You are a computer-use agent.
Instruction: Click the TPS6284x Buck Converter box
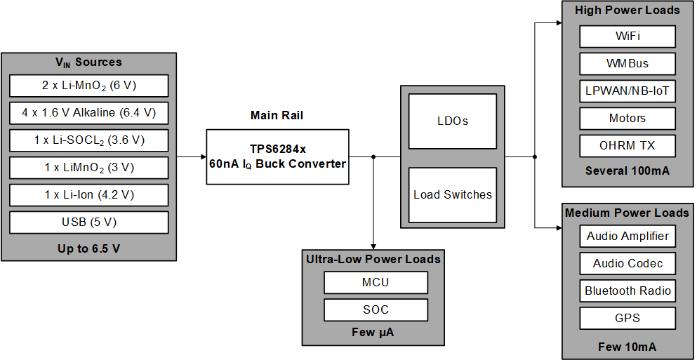(277, 156)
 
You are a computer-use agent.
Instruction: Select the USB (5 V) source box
(89, 222)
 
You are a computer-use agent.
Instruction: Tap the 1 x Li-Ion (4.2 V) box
(89, 195)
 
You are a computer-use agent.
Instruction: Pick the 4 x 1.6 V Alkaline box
(89, 113)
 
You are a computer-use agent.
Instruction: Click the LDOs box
(452, 121)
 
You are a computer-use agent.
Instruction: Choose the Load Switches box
(452, 194)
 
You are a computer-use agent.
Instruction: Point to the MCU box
(376, 282)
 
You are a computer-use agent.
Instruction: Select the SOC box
(376, 309)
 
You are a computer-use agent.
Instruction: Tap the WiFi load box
(628, 36)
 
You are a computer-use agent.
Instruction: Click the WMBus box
(628, 63)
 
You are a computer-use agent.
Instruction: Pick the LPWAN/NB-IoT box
(628, 91)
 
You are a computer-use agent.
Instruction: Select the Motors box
(628, 118)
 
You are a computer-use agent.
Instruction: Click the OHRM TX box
(628, 145)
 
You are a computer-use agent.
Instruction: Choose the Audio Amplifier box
(628, 236)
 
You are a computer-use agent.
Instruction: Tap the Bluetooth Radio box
(628, 291)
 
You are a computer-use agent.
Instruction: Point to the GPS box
(628, 318)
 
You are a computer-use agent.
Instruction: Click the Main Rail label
(277, 115)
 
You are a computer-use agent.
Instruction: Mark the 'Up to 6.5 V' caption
(89, 248)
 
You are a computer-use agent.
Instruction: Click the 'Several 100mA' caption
(628, 171)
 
